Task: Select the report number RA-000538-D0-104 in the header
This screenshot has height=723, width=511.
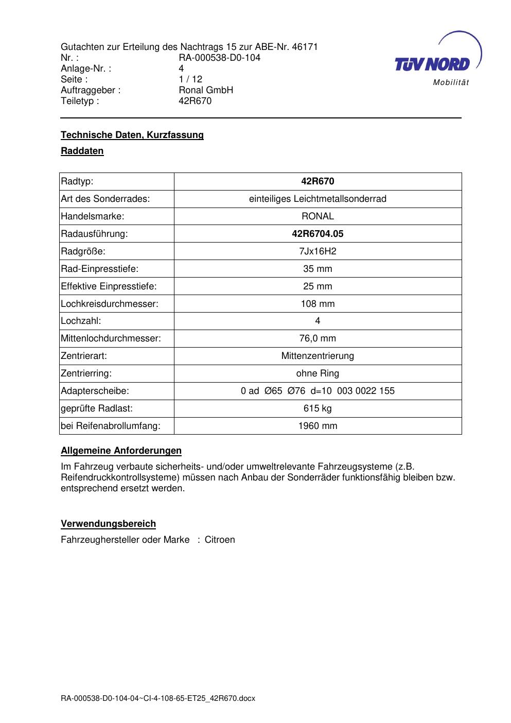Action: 219,58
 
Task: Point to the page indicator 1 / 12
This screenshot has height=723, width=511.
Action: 190,79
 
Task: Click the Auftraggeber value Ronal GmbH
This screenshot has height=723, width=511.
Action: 206,90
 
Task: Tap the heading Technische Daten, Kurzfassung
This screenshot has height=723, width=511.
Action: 132,135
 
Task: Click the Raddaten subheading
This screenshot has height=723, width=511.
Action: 82,151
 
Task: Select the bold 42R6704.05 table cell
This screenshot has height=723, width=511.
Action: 318,234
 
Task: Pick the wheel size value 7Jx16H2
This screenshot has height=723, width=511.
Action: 318,251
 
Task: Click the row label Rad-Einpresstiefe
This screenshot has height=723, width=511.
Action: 100,269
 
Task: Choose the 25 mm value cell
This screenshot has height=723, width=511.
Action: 318,286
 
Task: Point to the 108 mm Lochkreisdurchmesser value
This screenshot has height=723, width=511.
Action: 318,304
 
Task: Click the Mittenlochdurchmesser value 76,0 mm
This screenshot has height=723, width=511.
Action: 318,338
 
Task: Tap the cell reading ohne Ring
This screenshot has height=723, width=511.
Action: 318,373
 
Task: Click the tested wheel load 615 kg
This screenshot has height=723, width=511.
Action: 318,408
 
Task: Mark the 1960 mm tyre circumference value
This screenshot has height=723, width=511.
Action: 318,426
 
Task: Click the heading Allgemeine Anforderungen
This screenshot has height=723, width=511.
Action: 121,451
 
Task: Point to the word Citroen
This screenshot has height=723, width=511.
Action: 220,540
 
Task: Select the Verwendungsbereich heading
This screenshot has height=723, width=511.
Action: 109,524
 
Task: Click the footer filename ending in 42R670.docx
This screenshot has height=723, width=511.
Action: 158,698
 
